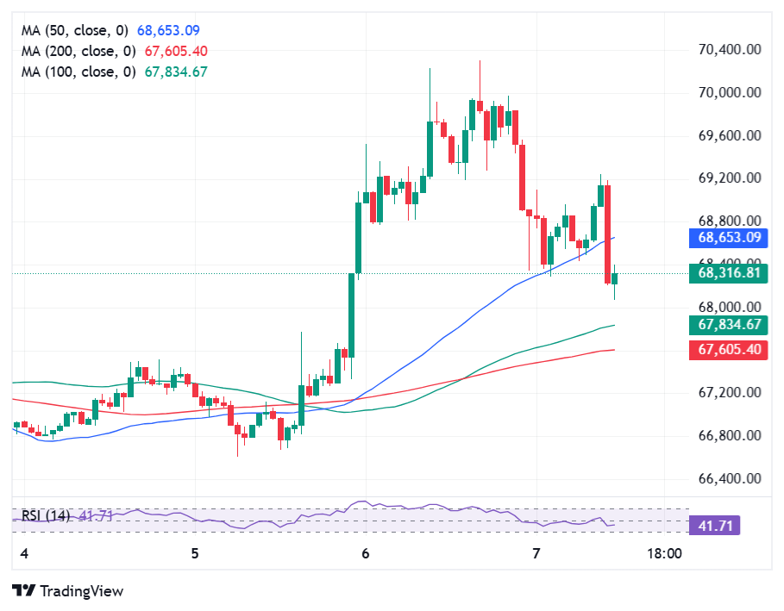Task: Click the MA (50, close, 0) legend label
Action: [78, 30]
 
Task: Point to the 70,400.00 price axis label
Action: [729, 50]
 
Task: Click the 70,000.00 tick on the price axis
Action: [729, 92]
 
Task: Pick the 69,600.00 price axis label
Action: [729, 135]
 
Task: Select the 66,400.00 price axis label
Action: [729, 478]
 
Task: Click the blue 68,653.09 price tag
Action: [729, 237]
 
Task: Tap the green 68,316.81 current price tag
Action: [729, 273]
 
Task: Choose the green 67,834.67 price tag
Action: [729, 325]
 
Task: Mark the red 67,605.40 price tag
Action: [729, 349]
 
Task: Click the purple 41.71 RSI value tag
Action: [714, 525]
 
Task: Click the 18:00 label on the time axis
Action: [664, 553]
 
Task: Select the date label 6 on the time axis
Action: [366, 553]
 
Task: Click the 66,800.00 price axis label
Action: [729, 435]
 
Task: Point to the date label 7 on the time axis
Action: [536, 553]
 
